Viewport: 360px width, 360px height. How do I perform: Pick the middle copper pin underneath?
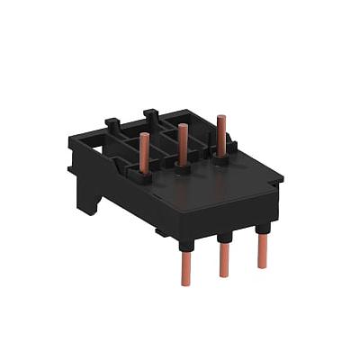click(x=224, y=260)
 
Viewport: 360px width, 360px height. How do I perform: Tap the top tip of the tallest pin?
click(x=220, y=117)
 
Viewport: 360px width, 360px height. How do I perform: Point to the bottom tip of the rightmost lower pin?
click(x=262, y=266)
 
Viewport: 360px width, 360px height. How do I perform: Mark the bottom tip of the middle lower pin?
click(x=224, y=275)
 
